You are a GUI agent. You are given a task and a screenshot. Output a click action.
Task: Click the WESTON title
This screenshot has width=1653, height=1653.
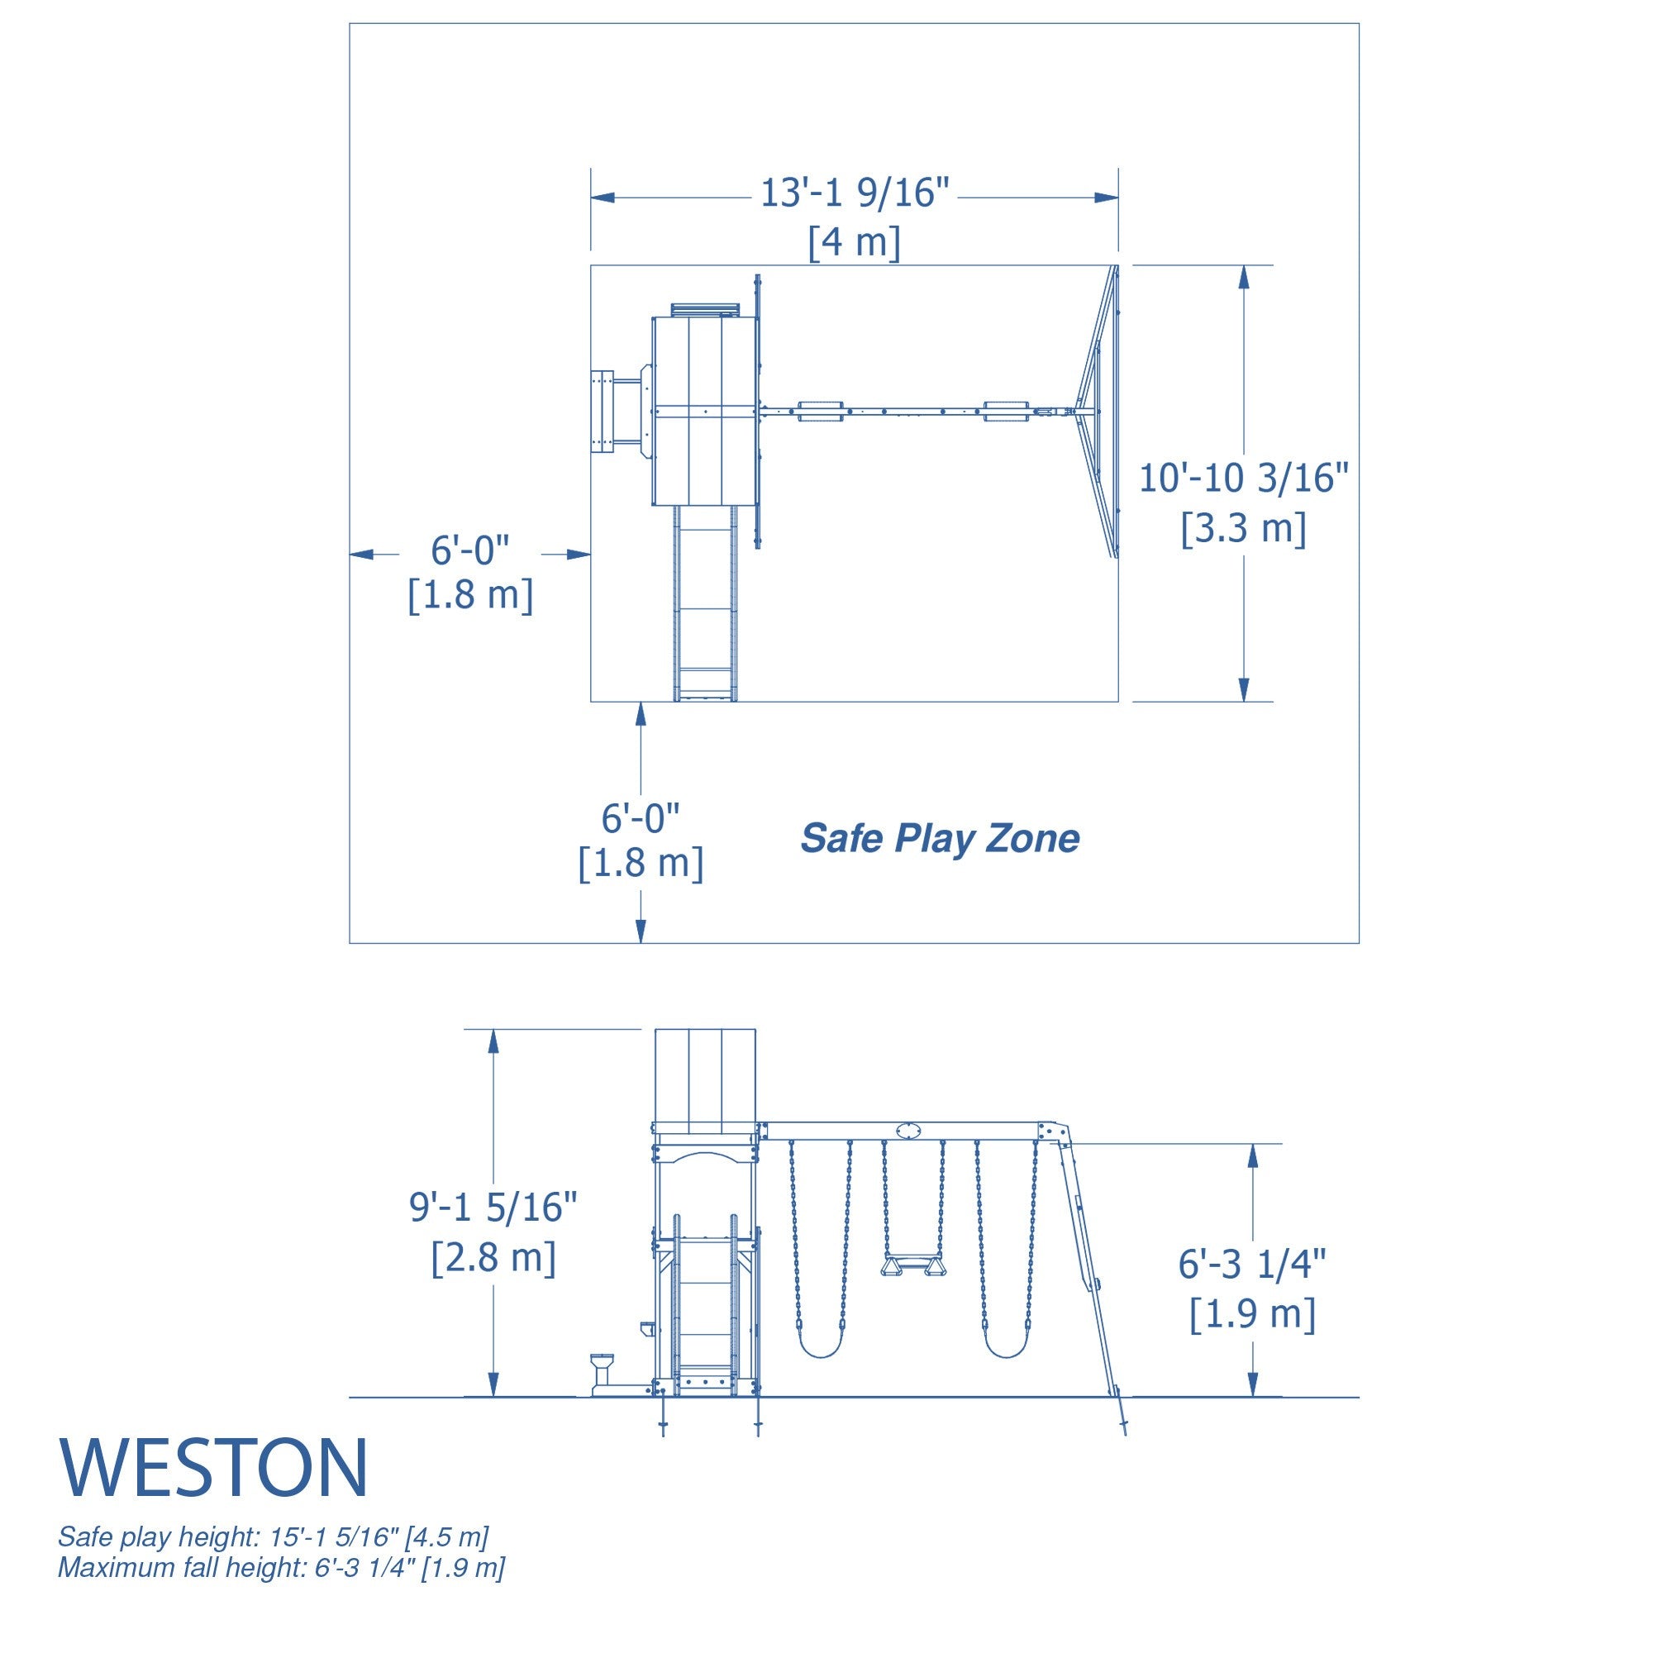coord(214,1466)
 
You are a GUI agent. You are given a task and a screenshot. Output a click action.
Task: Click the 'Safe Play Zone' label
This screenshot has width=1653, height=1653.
coord(940,838)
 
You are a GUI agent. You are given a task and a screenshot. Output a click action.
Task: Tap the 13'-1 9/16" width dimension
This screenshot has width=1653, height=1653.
coord(855,193)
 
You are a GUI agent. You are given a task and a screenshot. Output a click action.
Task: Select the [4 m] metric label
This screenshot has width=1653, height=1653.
coord(855,242)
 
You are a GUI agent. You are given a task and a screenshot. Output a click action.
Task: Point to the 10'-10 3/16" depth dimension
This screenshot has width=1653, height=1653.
coord(1243,478)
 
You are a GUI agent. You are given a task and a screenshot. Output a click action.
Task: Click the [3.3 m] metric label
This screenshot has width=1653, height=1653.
coord(1243,528)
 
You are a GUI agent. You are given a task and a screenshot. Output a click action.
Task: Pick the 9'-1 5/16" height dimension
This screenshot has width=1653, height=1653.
coord(493,1207)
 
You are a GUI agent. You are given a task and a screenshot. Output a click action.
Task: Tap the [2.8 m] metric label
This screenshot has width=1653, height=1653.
coord(493,1257)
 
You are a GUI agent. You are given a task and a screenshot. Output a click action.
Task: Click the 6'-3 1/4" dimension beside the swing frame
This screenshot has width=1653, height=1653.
coord(1251,1264)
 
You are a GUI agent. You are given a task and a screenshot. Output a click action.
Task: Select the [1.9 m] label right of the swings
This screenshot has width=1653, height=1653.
coord(1251,1314)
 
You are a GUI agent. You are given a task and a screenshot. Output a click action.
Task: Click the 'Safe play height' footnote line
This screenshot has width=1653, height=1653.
coord(273,1536)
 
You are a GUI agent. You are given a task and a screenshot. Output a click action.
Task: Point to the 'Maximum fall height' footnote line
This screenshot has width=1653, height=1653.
coord(282,1567)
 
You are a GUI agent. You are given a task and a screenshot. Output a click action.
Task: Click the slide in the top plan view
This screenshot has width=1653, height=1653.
coord(704,603)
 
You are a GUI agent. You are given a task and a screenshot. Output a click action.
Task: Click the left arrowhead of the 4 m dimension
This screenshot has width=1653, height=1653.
coord(603,198)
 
